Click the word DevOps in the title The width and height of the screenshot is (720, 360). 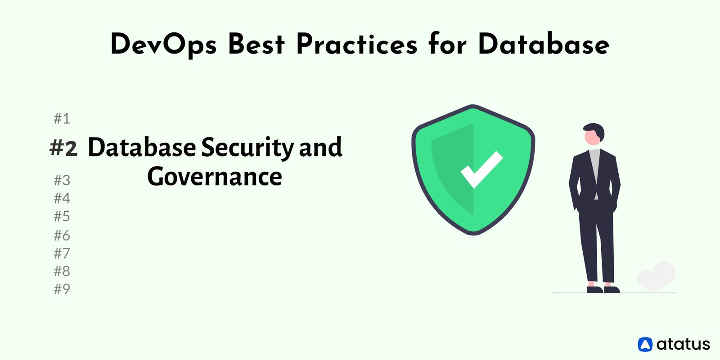(x=163, y=45)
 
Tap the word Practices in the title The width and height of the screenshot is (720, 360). (x=356, y=45)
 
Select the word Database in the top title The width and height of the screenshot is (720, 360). (x=543, y=45)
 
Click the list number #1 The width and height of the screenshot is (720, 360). (x=62, y=118)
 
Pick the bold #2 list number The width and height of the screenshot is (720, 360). (x=63, y=148)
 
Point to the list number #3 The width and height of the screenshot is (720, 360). (x=62, y=180)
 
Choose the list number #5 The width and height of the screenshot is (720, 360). (x=62, y=216)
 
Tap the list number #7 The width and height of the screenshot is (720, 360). (x=62, y=253)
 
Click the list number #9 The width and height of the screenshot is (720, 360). (x=62, y=289)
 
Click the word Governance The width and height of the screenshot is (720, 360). (x=215, y=176)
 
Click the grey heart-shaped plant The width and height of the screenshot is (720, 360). (x=657, y=276)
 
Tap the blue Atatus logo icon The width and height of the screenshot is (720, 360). (x=645, y=344)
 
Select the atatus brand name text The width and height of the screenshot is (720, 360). (x=683, y=344)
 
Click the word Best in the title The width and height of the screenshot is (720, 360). (x=256, y=45)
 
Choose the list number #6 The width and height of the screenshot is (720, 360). (x=62, y=235)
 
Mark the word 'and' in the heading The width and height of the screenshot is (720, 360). (x=320, y=148)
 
